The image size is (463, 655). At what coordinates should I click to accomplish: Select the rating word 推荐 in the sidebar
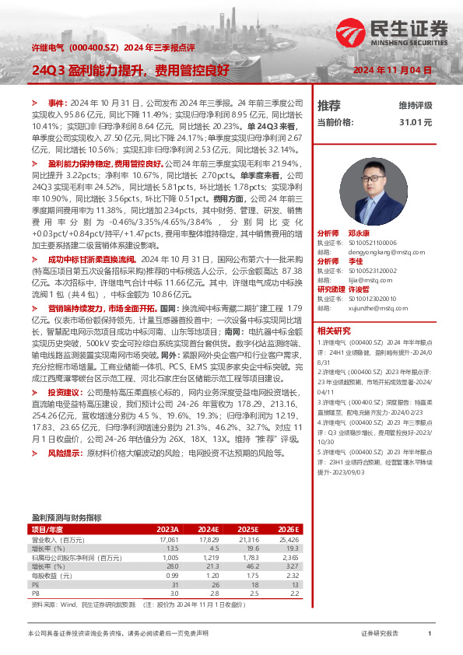click(328, 105)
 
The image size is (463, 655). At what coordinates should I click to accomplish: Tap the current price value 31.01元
click(416, 122)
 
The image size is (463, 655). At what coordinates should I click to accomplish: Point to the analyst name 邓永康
click(359, 233)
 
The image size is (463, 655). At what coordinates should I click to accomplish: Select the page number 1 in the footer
click(430, 634)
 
